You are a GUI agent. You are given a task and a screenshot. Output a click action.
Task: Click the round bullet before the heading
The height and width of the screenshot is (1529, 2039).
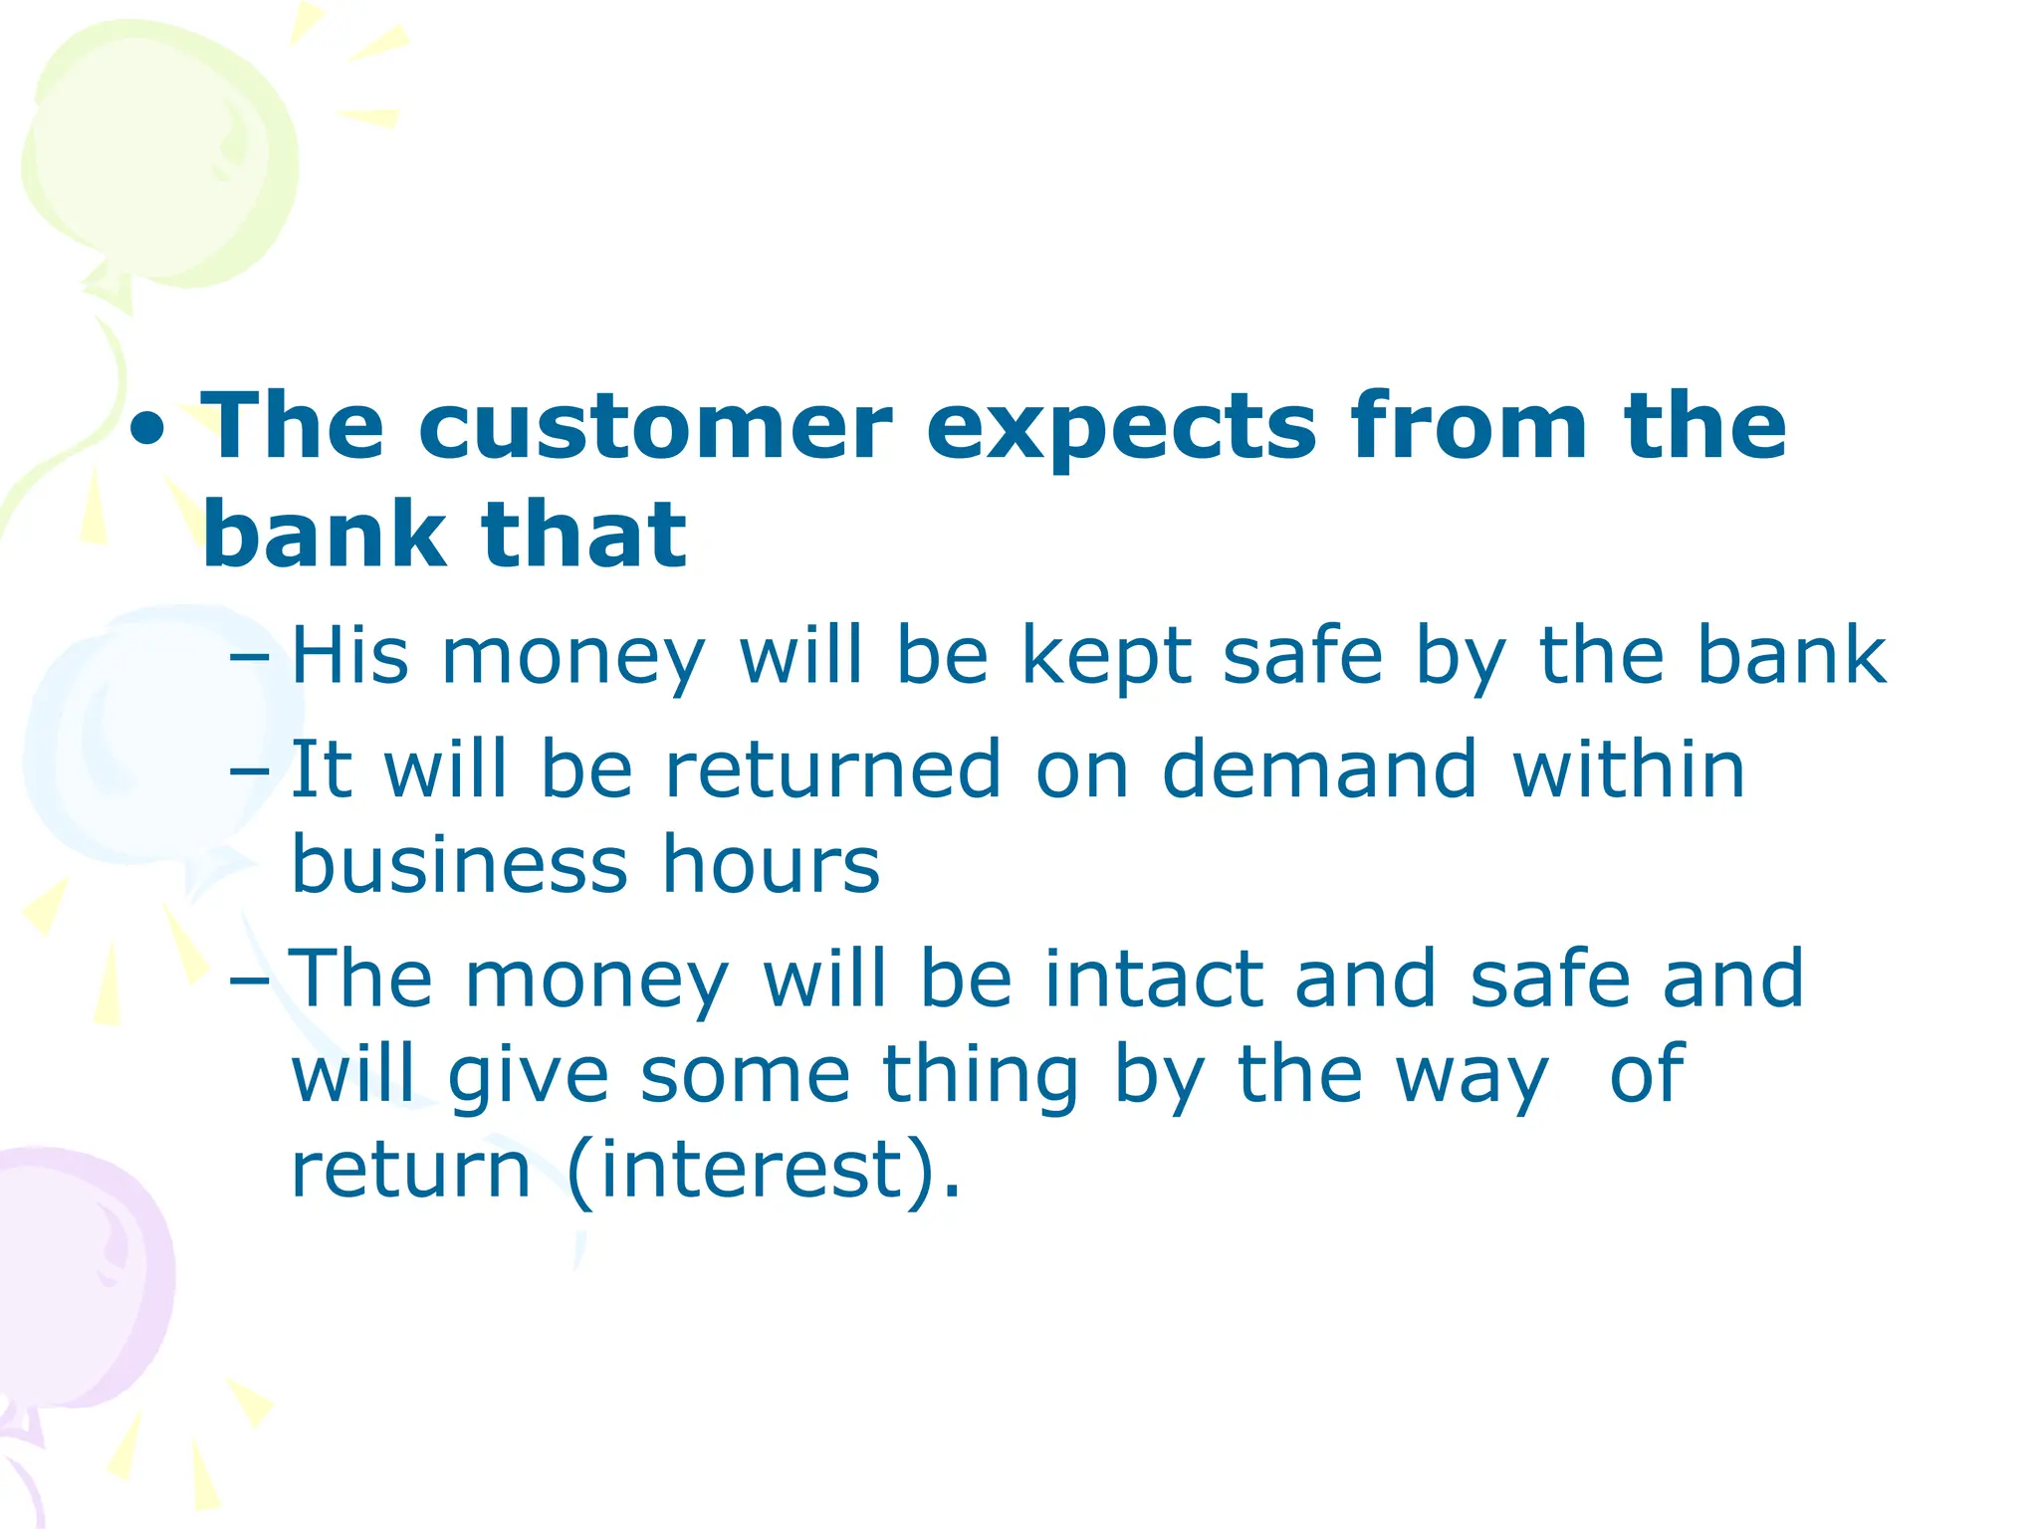[x=148, y=433]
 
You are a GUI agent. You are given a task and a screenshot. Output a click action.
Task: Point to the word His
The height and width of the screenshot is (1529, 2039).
[x=349, y=656]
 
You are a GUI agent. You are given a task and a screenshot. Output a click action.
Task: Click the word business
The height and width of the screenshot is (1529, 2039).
[x=459, y=864]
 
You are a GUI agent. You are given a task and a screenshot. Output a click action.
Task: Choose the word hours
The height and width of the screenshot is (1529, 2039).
[x=771, y=864]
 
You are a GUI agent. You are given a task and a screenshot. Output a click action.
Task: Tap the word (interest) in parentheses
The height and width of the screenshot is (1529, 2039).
[x=763, y=1171]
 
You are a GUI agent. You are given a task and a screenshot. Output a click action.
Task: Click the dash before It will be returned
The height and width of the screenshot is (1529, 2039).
[x=248, y=771]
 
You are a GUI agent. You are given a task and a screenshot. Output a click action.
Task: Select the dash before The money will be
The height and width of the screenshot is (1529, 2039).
[x=248, y=981]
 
